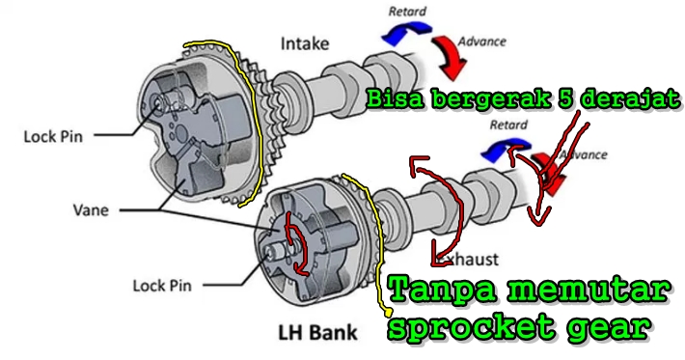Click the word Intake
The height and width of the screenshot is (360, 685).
point(305,43)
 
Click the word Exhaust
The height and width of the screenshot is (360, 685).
point(467,260)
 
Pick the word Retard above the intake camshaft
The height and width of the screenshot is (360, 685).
point(406,12)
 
